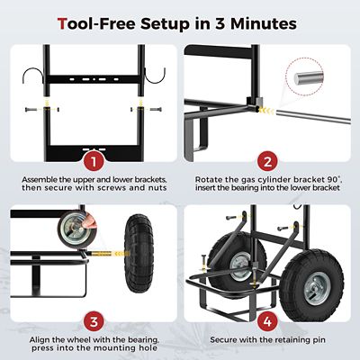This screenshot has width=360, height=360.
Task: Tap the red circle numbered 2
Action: coord(266,160)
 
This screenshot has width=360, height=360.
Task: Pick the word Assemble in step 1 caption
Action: coord(33,179)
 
